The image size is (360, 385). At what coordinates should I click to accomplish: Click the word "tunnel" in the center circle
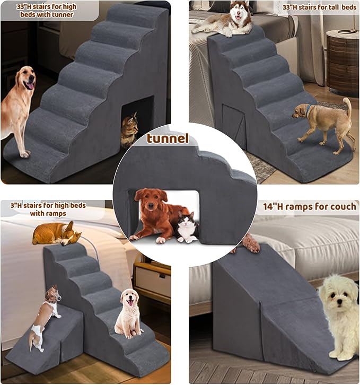(168, 139)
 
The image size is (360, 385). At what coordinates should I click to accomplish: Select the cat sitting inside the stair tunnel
(130, 129)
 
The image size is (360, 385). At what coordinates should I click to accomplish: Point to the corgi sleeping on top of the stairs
(55, 233)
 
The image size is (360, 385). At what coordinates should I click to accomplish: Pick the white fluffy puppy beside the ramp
(339, 313)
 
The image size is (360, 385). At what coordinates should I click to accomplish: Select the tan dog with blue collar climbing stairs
(324, 121)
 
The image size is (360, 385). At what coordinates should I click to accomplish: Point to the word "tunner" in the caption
(60, 15)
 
